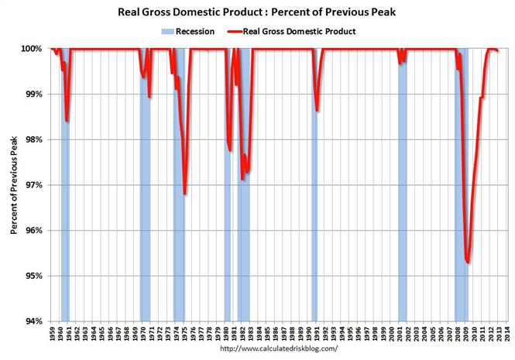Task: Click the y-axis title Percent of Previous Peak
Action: pos(14,185)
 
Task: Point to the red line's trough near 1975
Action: pos(184,194)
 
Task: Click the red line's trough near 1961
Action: pos(67,121)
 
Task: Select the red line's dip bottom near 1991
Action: pos(317,110)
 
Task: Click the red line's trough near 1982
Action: pos(243,179)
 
